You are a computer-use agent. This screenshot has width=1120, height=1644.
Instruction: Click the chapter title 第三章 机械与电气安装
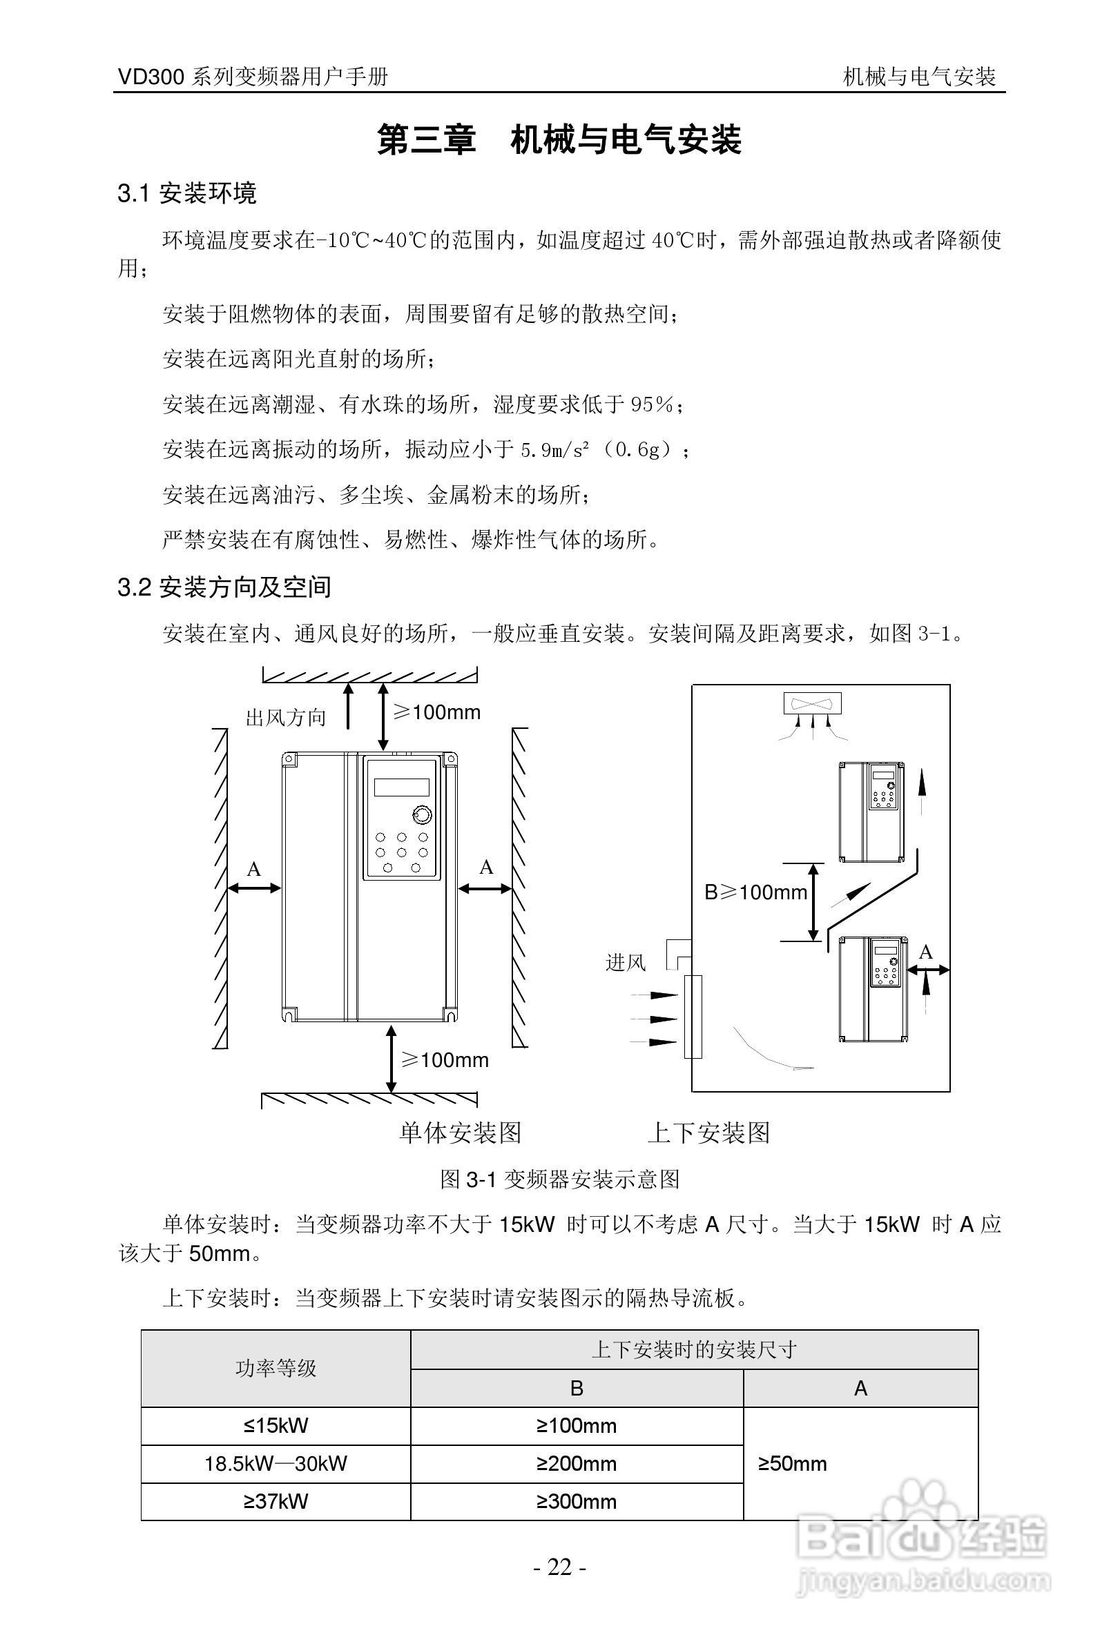coord(559,139)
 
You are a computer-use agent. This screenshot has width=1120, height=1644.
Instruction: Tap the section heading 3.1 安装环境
coord(187,193)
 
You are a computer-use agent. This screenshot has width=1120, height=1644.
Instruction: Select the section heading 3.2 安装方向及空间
coord(224,587)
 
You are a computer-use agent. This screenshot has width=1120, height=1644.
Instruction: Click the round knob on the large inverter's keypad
coord(422,815)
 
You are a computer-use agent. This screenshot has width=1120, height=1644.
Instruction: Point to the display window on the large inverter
coord(401,787)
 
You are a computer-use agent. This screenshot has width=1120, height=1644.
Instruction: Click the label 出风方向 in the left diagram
coord(286,718)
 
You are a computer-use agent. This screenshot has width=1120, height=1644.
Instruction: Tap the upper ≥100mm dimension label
coord(436,712)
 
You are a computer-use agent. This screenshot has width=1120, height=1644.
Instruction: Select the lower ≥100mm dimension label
coord(444,1059)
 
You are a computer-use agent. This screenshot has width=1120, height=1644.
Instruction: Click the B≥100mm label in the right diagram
coord(755,892)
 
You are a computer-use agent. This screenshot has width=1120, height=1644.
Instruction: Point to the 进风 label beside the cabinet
coord(626,963)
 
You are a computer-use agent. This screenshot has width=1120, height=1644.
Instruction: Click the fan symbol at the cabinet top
coord(812,703)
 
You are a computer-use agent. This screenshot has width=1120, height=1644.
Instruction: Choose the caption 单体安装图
coord(460,1133)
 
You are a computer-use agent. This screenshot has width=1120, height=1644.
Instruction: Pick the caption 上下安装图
coord(708,1133)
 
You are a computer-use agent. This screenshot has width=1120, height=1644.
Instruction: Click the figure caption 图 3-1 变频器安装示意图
coord(559,1180)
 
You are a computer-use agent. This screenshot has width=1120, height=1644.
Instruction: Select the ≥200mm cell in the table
coord(577,1463)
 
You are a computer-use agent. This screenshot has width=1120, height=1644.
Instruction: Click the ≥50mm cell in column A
coord(793,1463)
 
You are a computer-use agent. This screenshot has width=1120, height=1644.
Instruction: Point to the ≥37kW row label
coord(276,1501)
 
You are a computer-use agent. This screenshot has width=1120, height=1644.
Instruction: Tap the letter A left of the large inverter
coord(253,869)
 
